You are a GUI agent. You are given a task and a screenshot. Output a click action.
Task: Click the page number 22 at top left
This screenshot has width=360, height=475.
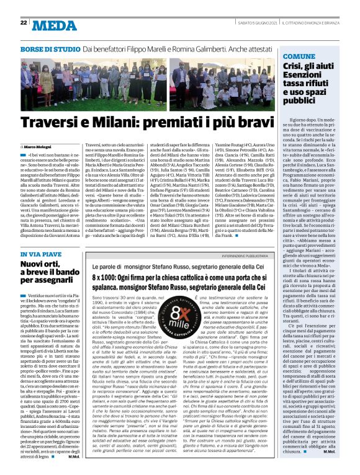24,23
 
